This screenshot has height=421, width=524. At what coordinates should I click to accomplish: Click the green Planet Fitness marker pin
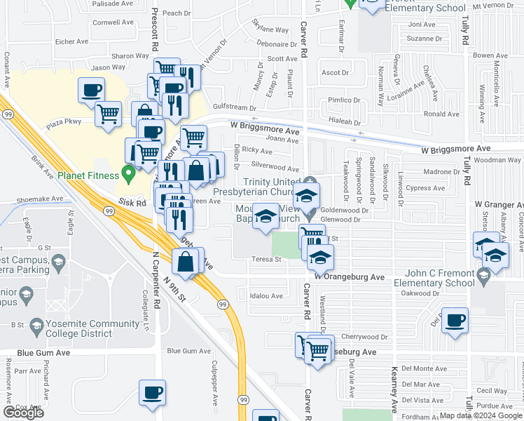[127, 172]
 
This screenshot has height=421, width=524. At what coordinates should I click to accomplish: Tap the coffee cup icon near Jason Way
[92, 90]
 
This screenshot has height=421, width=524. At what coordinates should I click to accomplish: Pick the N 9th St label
[175, 289]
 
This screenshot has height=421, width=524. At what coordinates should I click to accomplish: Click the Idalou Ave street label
[266, 295]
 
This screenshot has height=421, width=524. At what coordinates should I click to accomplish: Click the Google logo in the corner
[23, 413]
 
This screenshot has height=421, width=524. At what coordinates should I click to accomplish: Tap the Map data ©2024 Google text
[480, 415]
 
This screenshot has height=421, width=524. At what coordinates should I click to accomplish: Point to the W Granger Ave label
[498, 205]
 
